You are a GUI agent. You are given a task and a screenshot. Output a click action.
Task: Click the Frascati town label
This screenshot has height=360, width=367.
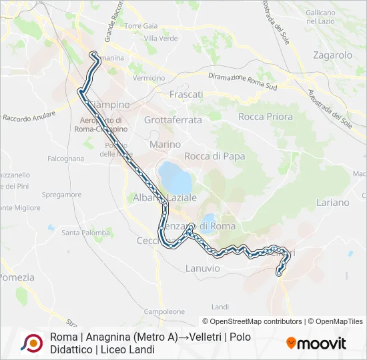click(x=186, y=95)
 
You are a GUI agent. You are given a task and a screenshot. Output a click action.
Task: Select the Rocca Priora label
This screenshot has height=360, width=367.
click(x=266, y=117)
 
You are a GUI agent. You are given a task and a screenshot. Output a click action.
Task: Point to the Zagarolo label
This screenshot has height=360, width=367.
click(x=332, y=55)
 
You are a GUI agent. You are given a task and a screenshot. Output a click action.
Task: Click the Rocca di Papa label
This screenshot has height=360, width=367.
click(x=215, y=156)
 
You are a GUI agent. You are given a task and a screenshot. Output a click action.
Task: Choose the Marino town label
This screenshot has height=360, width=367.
click(x=165, y=144)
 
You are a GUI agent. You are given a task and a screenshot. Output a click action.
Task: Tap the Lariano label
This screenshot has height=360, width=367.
click(x=333, y=202)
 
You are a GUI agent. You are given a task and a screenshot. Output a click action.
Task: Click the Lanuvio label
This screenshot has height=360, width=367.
click(x=201, y=268)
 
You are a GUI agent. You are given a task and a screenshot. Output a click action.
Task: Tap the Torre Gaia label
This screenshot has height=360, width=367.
click(x=141, y=26)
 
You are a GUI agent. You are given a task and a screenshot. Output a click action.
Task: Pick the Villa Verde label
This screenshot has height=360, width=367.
click(x=160, y=39)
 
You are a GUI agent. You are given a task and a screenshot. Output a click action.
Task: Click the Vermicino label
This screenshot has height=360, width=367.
click(x=149, y=78)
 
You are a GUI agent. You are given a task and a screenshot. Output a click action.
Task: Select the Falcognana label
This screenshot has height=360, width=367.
click(x=66, y=159)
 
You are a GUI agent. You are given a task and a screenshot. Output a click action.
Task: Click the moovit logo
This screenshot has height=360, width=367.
click(x=316, y=343)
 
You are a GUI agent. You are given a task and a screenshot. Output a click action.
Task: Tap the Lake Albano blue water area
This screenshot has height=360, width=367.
click(x=174, y=176)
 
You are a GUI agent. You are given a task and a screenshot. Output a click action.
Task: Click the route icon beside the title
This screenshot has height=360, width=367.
click(x=31, y=343)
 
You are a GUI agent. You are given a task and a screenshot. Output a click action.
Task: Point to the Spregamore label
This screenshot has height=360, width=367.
click(x=61, y=195)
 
